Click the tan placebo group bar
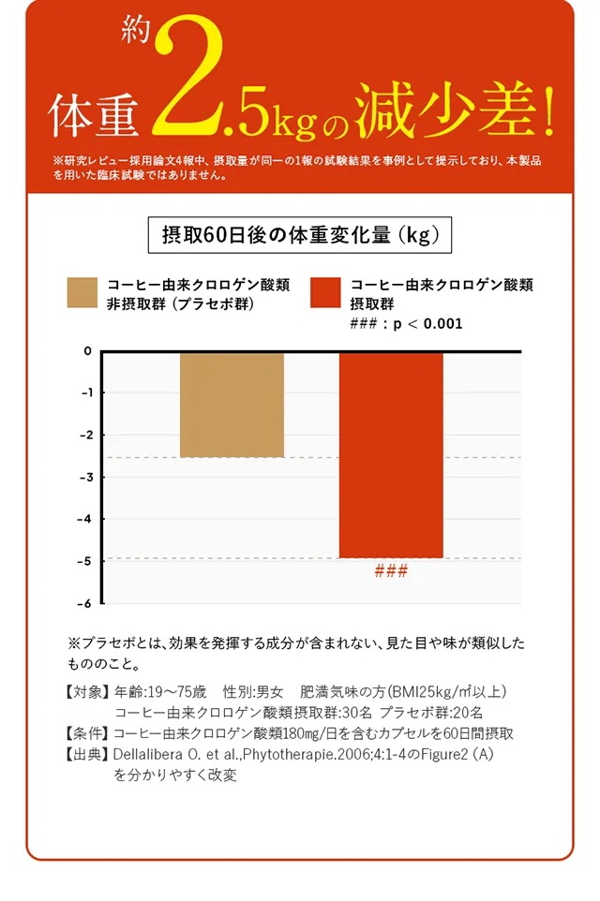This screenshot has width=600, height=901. point(232,405)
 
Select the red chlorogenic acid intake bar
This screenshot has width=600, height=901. point(391,454)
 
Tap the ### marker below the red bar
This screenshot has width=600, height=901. point(391,571)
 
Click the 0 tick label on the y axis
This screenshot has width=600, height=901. point(87,351)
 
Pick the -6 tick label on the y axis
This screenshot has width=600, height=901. point(86,603)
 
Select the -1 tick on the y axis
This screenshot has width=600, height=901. point(86,393)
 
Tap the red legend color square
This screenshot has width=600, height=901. point(325,293)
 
